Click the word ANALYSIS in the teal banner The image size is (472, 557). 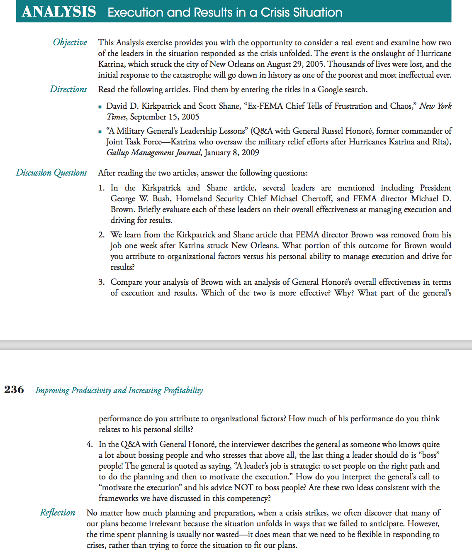tap(59, 12)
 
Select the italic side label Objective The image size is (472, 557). tap(70, 42)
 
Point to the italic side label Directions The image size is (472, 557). tap(68, 89)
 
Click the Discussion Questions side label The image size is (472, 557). tap(51, 173)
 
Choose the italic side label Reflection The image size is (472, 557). tap(57, 513)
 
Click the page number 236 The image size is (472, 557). tap(14, 389)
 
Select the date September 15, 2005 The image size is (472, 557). tap(165, 117)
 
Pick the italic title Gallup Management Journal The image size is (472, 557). tap(154, 153)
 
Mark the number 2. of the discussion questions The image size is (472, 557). tap(102, 235)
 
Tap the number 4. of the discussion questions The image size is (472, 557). tap(90, 445)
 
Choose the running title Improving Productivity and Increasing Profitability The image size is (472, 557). tap(119, 390)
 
